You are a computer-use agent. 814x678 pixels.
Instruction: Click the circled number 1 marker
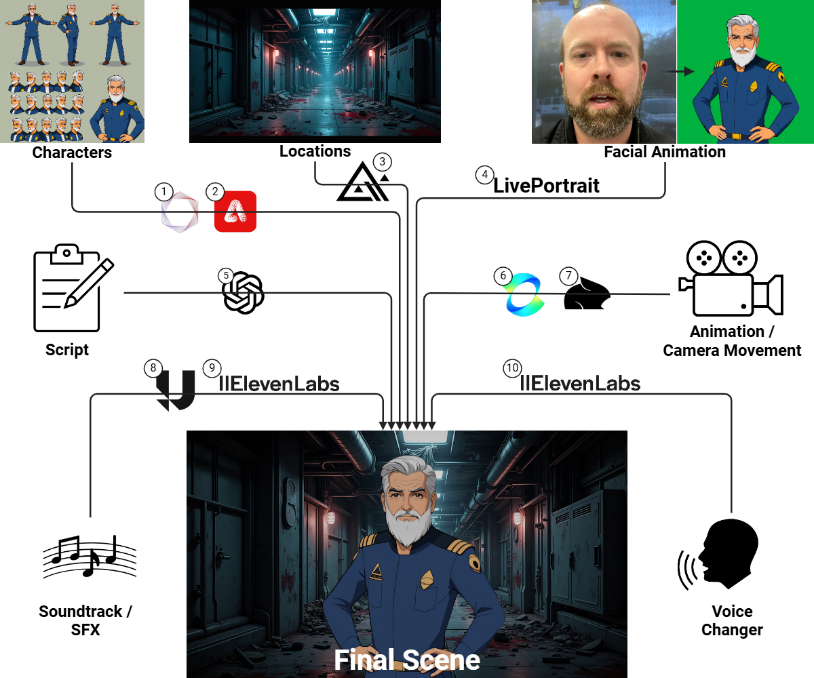pos(163,192)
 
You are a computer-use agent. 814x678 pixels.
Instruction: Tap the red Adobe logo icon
pos(235,212)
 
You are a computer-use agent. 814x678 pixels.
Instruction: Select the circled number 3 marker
pos(383,162)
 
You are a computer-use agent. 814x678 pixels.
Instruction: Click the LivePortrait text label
pos(546,185)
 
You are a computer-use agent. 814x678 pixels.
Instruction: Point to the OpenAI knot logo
pos(244,294)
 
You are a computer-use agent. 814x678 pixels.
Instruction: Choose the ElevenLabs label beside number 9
pos(279,384)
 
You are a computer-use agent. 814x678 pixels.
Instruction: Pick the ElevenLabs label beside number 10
pos(580,383)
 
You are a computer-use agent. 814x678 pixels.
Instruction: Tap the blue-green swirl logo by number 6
pos(525,294)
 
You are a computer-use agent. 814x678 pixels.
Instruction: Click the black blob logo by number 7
pos(587,296)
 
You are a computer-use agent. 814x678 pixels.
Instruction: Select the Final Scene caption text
pos(407,660)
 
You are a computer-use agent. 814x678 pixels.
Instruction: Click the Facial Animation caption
pos(665,152)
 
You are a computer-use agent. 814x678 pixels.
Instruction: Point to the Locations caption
pos(315,151)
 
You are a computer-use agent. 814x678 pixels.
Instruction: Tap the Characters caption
pos(72,153)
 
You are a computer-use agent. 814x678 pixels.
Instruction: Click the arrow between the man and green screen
pos(675,71)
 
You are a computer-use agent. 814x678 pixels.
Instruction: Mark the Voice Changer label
pos(732,620)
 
